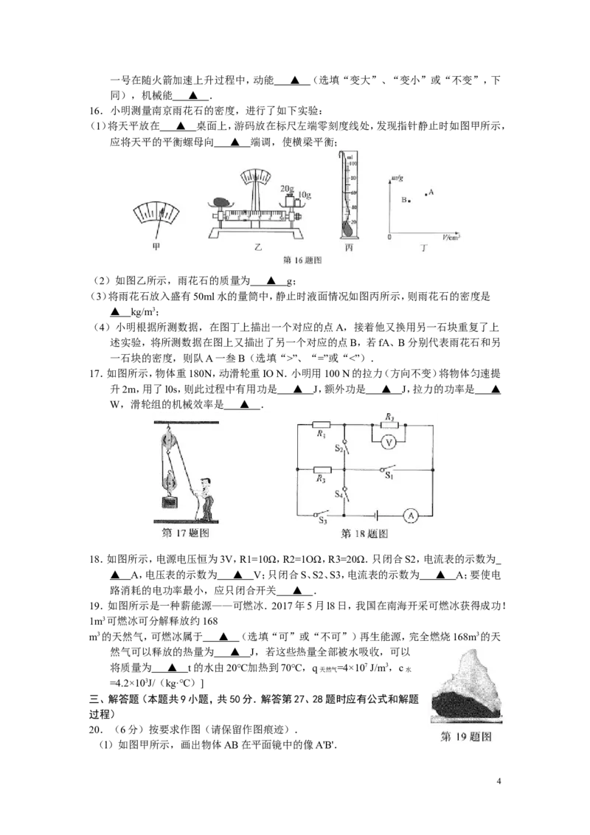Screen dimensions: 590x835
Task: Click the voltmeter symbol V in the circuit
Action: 388,443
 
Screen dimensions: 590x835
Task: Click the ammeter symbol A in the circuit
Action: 411,516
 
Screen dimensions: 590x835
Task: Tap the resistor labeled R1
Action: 322,424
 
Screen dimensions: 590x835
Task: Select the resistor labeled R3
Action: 322,470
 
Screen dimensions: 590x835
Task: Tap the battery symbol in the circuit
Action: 376,516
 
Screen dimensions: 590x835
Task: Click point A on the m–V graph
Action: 426,195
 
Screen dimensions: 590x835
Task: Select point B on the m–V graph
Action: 409,201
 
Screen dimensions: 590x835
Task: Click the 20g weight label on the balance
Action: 287,189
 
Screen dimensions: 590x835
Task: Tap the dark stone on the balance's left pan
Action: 221,203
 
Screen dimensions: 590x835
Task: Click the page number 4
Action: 499,781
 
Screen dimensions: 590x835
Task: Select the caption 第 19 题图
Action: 466,736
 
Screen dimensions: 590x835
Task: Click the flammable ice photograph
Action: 466,687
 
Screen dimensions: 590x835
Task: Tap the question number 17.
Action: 95,374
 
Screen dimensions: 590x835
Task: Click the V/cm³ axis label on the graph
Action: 451,237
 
